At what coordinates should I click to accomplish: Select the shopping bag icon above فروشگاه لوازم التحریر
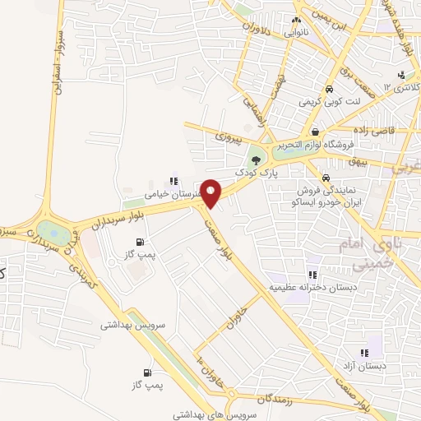point(315,132)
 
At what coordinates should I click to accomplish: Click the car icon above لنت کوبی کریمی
point(329,89)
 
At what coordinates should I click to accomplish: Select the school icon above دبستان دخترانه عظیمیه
point(312,275)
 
